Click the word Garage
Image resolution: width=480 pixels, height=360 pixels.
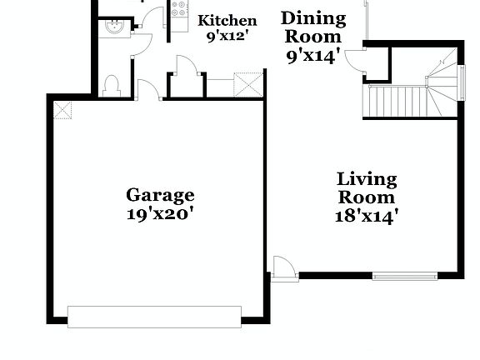(x=160, y=195)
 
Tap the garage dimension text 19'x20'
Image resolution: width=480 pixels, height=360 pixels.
(x=160, y=213)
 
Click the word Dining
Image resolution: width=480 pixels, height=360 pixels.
(x=312, y=18)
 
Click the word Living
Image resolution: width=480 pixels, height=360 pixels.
(x=367, y=178)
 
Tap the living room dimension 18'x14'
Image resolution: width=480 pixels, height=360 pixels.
(x=367, y=217)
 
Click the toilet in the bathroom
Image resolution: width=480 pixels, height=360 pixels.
(x=111, y=84)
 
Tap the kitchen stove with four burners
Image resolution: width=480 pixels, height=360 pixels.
(x=178, y=10)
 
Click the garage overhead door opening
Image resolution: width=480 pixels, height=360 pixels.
(x=154, y=317)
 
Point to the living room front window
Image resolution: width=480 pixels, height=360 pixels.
(x=404, y=276)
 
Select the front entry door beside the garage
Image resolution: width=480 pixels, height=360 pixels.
(x=284, y=269)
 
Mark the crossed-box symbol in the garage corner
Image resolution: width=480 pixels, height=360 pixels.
(x=62, y=108)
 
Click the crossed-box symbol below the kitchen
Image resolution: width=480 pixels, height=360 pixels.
(x=247, y=84)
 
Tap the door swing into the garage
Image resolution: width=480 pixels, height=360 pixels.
(x=149, y=88)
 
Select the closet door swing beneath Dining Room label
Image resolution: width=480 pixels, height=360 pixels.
(x=356, y=59)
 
